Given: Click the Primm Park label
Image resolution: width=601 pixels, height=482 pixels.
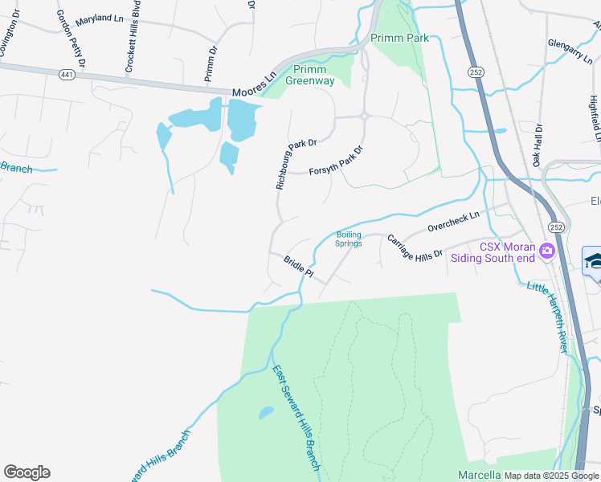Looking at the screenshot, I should tap(399, 38).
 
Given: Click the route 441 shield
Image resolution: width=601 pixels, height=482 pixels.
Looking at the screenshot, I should tap(66, 73).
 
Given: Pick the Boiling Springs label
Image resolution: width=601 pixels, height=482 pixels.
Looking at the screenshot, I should tap(349, 239).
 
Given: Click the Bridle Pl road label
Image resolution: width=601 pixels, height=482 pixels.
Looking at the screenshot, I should tap(297, 267).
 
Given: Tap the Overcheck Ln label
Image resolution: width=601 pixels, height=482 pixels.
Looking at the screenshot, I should tap(452, 221).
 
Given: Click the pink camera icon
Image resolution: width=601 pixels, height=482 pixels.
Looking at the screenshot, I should tap(547, 251).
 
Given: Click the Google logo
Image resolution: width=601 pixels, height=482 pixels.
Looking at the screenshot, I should tap(27, 472).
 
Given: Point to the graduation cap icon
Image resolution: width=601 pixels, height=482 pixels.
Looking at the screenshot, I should tap(594, 261).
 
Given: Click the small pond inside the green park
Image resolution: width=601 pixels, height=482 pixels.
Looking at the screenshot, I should tap(266, 414).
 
